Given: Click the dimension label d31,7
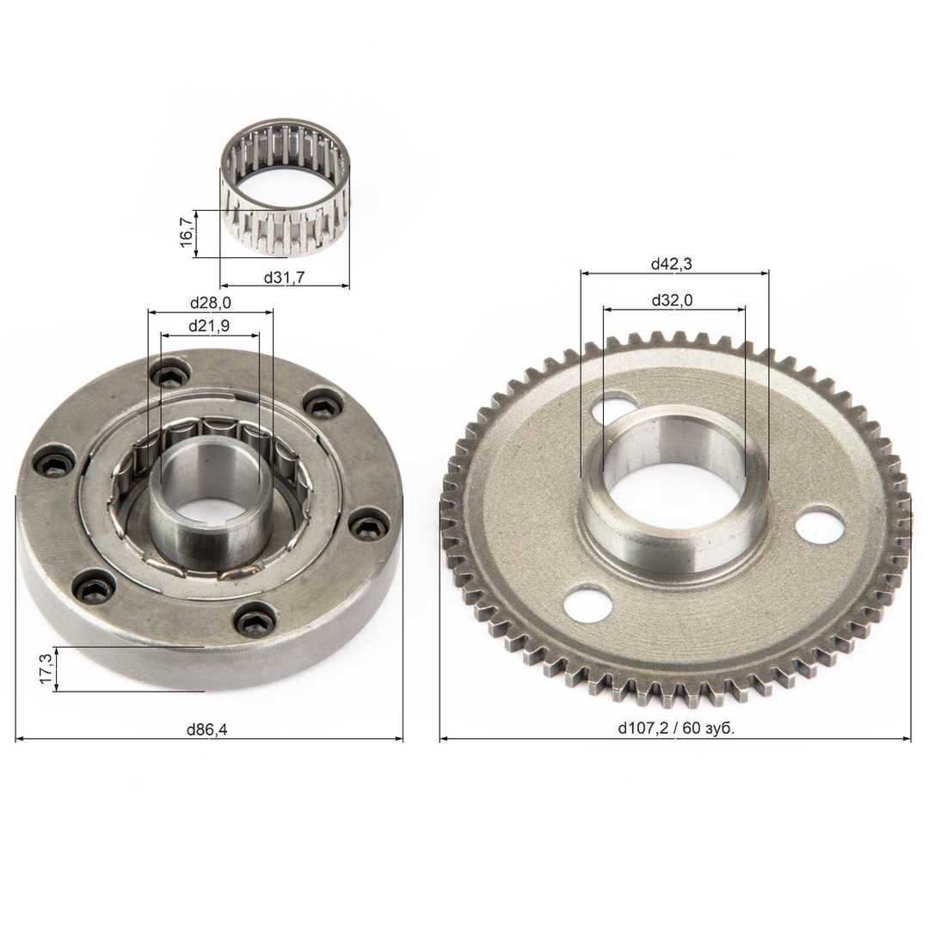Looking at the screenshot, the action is [284, 277].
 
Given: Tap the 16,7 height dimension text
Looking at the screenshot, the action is [186, 232].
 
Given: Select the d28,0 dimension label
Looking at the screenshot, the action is [211, 303].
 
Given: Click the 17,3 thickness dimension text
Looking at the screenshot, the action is [46, 668].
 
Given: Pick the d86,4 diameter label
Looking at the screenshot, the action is [206, 729].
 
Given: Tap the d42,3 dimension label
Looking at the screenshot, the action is [671, 264].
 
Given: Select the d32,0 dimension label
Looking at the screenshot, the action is [672, 300].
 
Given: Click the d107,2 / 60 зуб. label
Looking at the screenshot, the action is [676, 729].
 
